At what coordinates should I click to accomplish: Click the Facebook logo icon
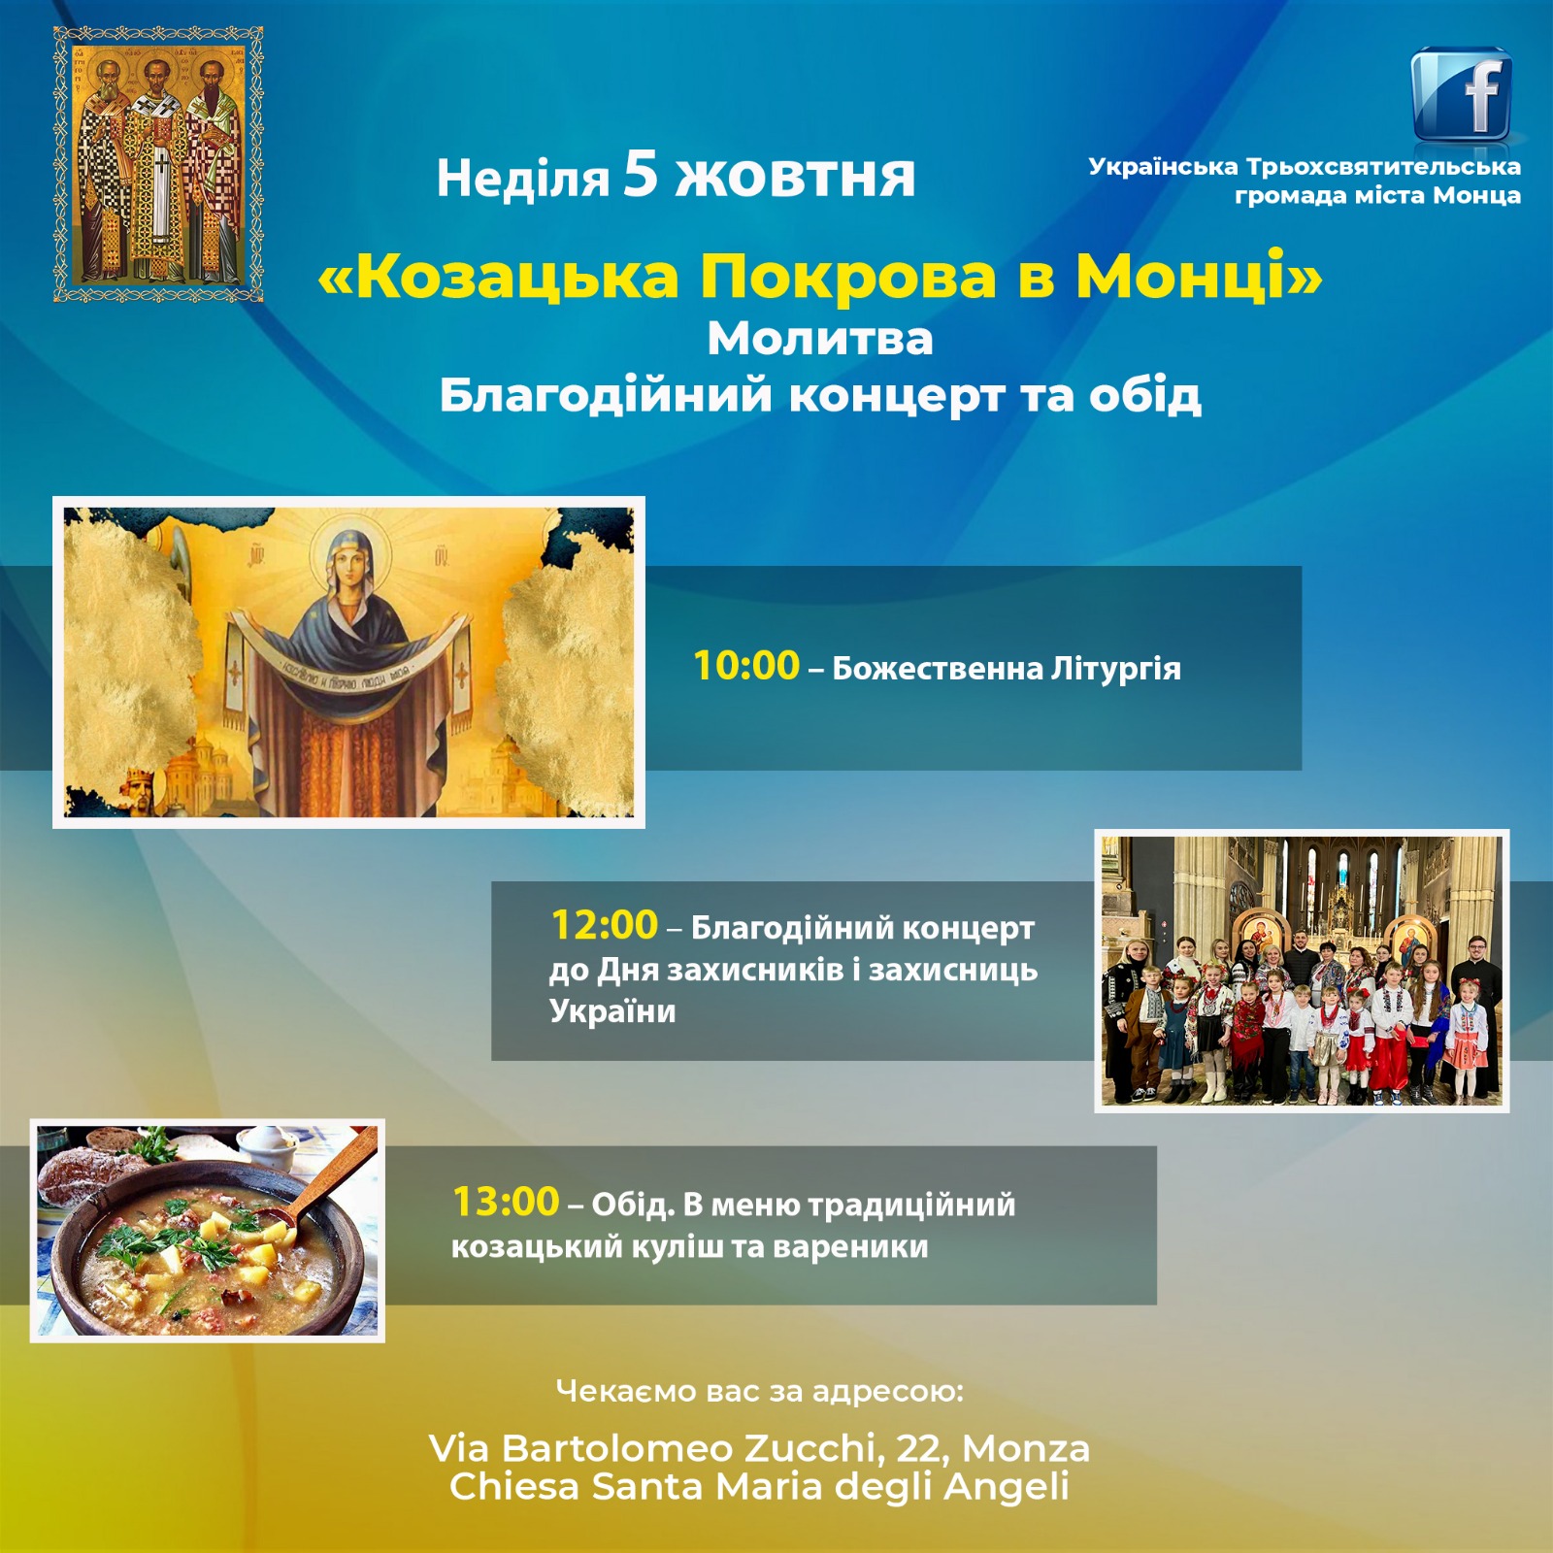tap(1462, 95)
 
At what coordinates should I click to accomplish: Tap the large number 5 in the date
tap(641, 174)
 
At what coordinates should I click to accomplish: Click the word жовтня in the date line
tap(795, 178)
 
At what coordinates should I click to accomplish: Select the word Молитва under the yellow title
tap(820, 339)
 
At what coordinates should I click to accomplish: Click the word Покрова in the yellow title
tap(848, 277)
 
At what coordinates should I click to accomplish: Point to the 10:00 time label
tap(746, 666)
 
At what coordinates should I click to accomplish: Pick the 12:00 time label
tap(605, 925)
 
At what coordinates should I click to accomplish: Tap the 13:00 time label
tap(507, 1202)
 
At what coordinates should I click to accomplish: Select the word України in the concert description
tap(612, 1011)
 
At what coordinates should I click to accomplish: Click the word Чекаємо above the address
tap(625, 1391)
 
